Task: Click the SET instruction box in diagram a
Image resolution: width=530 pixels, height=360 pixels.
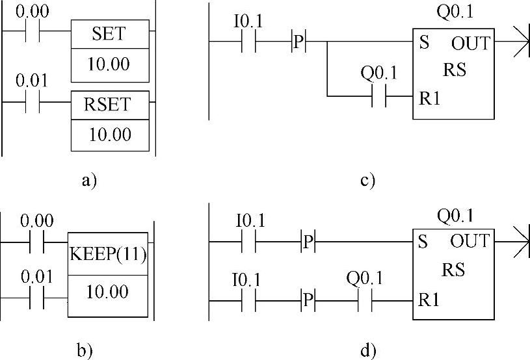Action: click(110, 34)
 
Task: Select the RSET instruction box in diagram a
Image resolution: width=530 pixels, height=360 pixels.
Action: click(110, 105)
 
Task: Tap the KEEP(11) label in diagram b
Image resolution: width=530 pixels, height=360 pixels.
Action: click(108, 253)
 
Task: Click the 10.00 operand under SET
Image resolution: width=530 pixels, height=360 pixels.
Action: click(109, 64)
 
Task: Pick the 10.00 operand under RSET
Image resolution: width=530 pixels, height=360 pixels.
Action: click(110, 135)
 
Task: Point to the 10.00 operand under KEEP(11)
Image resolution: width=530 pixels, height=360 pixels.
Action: click(107, 292)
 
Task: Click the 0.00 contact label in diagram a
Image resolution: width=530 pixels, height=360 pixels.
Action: click(33, 12)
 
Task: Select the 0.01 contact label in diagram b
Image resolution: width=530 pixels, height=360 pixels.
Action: click(37, 277)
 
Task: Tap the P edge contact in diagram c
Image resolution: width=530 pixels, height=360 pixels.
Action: click(298, 42)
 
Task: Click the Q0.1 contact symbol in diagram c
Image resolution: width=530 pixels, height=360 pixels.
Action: click(378, 96)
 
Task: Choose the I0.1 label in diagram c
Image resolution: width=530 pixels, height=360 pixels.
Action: click(248, 21)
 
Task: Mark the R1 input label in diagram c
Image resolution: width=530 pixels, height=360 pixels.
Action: click(429, 98)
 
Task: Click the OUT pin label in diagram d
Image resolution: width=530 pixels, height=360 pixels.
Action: click(470, 241)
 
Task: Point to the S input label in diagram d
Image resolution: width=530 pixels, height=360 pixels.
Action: click(423, 242)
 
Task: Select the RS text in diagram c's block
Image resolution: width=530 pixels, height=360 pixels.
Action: click(455, 70)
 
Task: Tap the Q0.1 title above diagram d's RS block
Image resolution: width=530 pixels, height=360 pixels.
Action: click(455, 216)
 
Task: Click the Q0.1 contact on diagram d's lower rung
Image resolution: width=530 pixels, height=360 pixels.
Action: click(365, 301)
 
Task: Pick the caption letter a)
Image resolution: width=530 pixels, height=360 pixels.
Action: click(90, 179)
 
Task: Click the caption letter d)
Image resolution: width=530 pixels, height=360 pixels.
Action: click(368, 350)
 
